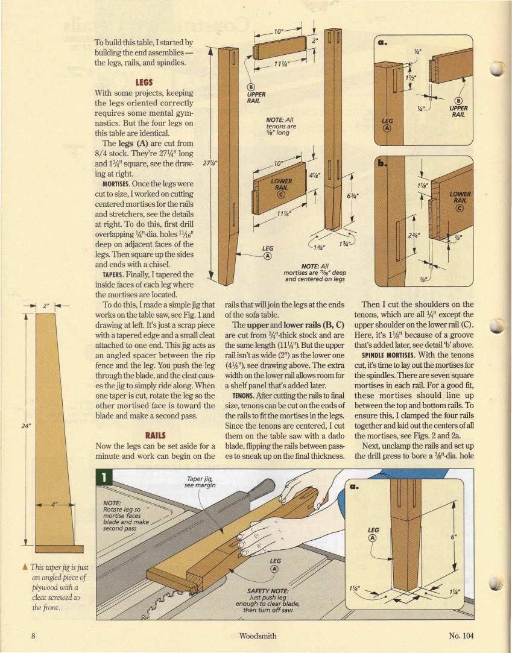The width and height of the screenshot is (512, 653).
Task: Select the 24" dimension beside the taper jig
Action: click(x=25, y=424)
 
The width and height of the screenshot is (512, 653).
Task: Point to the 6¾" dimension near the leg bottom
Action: click(x=352, y=196)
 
